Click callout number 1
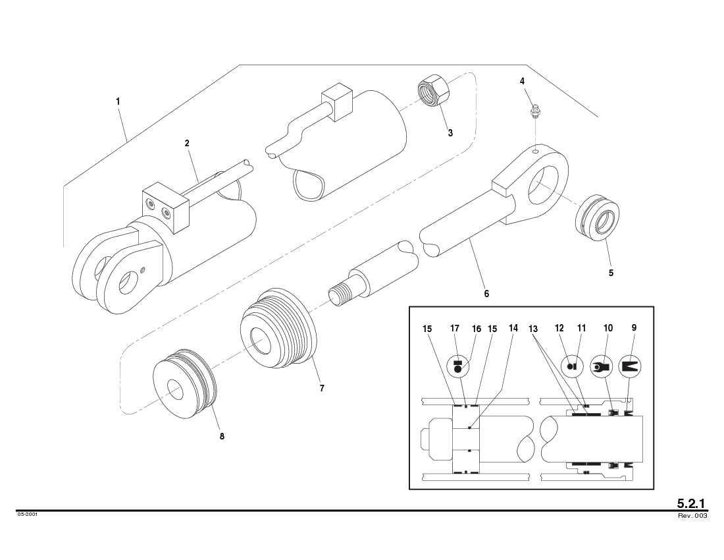pyautogui.click(x=118, y=101)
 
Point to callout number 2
pyautogui.click(x=187, y=143)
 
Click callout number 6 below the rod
pyautogui.click(x=486, y=294)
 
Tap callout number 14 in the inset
pyautogui.click(x=513, y=327)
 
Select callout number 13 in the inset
pyautogui.click(x=534, y=327)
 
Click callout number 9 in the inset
pyautogui.click(x=634, y=327)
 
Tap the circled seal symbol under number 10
pyautogui.click(x=600, y=366)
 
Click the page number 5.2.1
pyautogui.click(x=692, y=503)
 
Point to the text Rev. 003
pyautogui.click(x=692, y=516)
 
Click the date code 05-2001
pyautogui.click(x=28, y=515)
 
